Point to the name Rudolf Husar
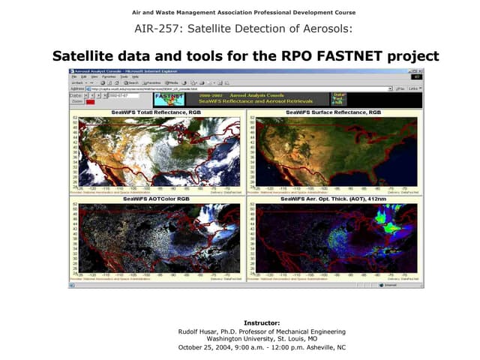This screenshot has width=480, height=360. coord(199,331)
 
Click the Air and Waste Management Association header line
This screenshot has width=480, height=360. coord(244,13)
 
